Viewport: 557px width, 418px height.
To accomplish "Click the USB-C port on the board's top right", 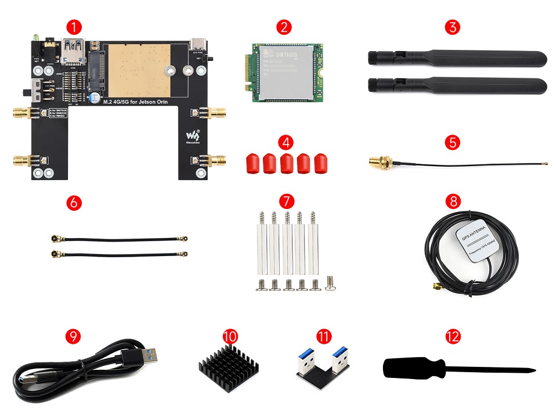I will tap(201, 43).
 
